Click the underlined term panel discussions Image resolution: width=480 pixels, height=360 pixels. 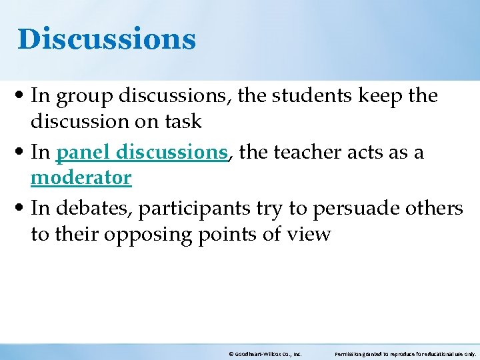[142, 153]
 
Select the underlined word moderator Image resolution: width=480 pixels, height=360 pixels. [81, 178]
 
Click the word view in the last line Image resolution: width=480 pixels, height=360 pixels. [309, 234]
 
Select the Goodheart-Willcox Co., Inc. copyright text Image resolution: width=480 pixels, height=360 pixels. [265, 354]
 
